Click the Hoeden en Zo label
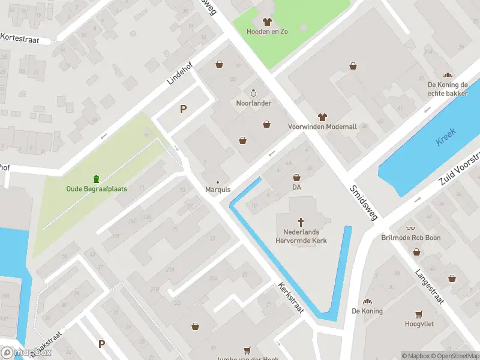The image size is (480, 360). coord(267,31)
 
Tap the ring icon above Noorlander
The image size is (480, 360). coord(253,93)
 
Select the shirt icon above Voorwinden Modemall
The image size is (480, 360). coord(322,117)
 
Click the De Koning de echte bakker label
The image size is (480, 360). coord(448,88)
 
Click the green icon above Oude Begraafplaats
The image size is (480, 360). coord(96,179)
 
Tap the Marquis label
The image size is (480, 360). coord(218,190)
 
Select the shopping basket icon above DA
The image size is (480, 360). coord(296,178)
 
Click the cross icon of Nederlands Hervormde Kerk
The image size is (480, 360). coord(301,221)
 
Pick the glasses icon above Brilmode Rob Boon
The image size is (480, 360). coord(410,228)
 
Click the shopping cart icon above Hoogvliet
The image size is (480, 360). coord(419,314)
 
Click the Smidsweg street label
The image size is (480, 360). coord(364,202)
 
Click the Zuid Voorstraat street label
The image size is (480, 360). coord(459,170)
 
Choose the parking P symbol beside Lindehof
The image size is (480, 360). coord(183,109)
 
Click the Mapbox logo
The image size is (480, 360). coord(26,352)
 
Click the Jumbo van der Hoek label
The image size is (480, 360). coord(246,358)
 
